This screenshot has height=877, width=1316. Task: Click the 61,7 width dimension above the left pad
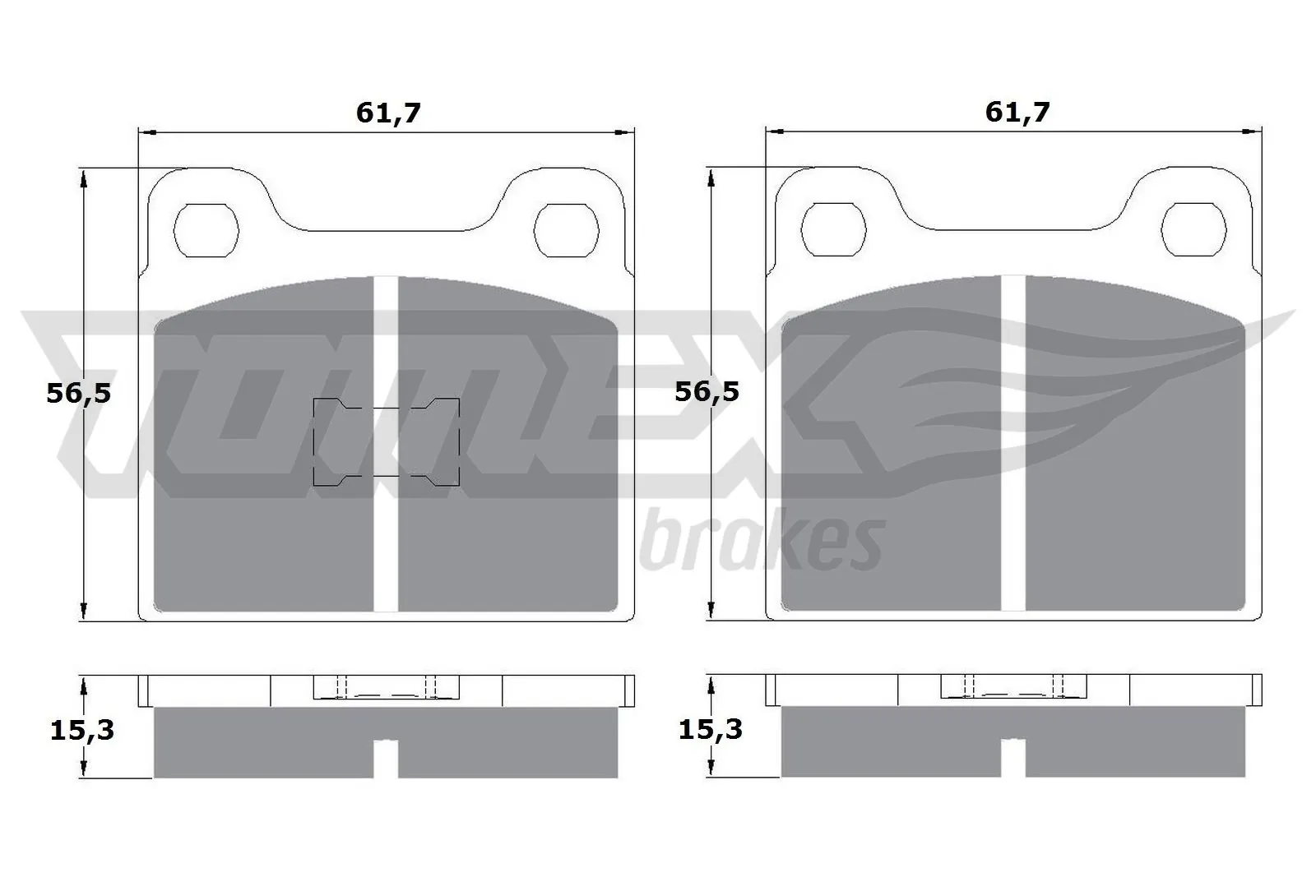click(x=388, y=113)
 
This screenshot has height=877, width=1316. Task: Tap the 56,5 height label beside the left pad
click(x=78, y=393)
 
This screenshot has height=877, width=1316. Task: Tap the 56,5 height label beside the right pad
click(x=707, y=391)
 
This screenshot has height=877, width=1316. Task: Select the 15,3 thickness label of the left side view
click(x=81, y=729)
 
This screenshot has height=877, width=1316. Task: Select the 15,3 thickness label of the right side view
click(x=710, y=729)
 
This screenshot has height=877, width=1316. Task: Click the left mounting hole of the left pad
click(x=208, y=229)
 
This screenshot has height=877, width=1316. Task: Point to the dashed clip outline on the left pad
click(x=386, y=442)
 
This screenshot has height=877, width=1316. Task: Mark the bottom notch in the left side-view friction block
click(x=386, y=758)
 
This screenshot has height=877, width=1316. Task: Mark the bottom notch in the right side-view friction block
click(x=1012, y=758)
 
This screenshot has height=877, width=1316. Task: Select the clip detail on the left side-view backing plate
click(x=386, y=687)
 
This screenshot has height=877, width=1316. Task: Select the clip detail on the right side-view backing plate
click(x=1013, y=687)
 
